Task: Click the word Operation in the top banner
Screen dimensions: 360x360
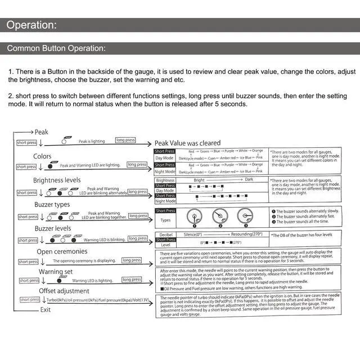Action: pos(31,25)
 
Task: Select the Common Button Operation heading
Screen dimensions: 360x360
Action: pos(56,48)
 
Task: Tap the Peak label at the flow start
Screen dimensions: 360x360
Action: pos(42,132)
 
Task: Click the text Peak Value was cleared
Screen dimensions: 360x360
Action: pos(187,143)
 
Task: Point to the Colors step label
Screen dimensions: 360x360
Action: pos(42,156)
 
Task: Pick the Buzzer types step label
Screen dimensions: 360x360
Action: pos(52,205)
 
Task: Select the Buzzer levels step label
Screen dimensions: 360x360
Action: pos(53,228)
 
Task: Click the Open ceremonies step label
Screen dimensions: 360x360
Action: pos(63,251)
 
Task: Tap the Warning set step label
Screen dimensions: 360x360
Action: pos(55,272)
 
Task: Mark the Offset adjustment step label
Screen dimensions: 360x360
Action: pos(64,291)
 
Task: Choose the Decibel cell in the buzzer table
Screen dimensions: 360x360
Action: pos(165,233)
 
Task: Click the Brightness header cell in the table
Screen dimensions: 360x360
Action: pos(165,181)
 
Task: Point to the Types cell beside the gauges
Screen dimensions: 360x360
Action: pos(165,220)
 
